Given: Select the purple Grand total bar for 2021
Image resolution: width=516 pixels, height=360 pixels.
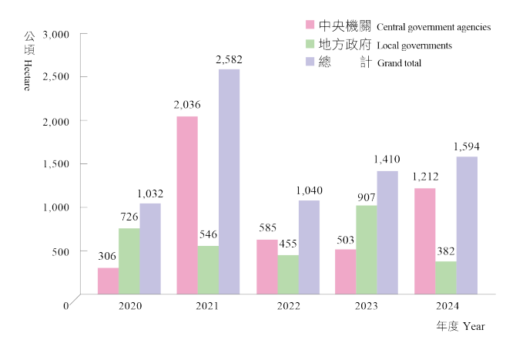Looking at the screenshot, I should (x=229, y=181).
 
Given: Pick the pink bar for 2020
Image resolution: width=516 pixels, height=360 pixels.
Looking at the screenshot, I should (x=108, y=280).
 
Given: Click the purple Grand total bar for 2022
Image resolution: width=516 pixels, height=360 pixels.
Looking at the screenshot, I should (x=309, y=247).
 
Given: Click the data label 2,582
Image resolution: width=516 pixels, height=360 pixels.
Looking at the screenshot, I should (x=229, y=59).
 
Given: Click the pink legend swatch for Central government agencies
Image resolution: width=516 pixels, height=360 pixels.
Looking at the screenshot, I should (x=310, y=25).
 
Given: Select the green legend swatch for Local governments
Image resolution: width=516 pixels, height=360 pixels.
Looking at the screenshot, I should (x=310, y=44).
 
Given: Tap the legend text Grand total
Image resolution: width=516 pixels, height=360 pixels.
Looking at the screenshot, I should (x=399, y=63).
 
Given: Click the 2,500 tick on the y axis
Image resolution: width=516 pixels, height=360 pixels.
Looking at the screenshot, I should (x=58, y=77).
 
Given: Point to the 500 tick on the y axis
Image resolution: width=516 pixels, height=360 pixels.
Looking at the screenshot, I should (x=60, y=251).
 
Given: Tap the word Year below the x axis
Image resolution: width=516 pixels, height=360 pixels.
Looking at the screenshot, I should (x=474, y=327).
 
